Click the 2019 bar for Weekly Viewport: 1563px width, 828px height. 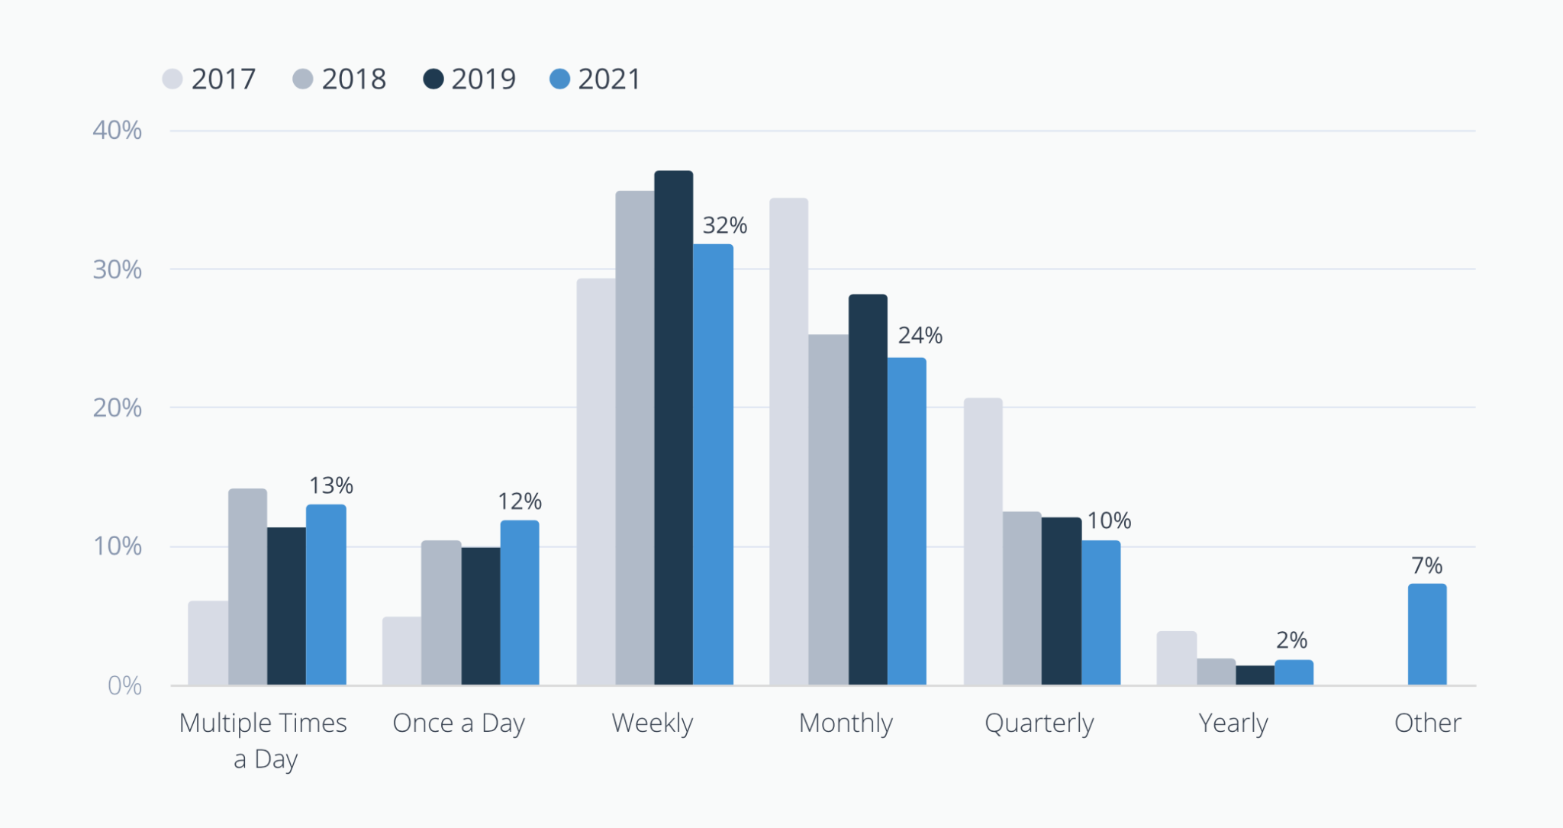pyautogui.click(x=673, y=427)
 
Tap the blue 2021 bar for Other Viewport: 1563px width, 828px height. pyautogui.click(x=1426, y=634)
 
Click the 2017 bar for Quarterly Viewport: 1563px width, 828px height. pyautogui.click(x=983, y=541)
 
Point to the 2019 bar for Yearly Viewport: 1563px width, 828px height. pyautogui.click(x=1255, y=675)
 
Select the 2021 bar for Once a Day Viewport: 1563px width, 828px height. pyautogui.click(x=519, y=602)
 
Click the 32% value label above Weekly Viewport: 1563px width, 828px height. pyautogui.click(x=724, y=225)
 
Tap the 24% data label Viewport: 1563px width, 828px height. pyautogui.click(x=920, y=335)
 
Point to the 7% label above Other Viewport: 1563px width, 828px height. pyautogui.click(x=1426, y=565)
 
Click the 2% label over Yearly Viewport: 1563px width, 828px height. pyautogui.click(x=1291, y=640)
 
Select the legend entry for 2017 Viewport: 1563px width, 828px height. pyautogui.click(x=209, y=79)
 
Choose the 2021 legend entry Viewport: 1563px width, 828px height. pyautogui.click(x=595, y=79)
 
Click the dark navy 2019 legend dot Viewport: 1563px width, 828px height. pyautogui.click(x=433, y=79)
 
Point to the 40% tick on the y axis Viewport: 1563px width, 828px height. pyautogui.click(x=117, y=130)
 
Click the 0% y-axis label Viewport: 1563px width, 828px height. pyautogui.click(x=124, y=685)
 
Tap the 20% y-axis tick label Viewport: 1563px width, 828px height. pyautogui.click(x=117, y=408)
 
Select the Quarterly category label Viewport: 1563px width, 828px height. pyautogui.click(x=1039, y=722)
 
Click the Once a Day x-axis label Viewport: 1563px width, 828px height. pyautogui.click(x=458, y=722)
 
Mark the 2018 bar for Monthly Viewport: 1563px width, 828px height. pyautogui.click(x=828, y=509)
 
